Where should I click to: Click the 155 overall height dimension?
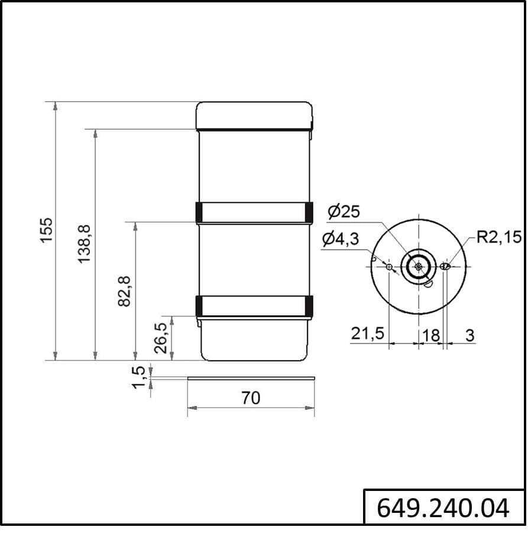(46, 230)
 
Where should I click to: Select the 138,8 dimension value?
(84, 244)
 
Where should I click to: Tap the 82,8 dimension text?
(124, 291)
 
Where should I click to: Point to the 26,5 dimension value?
(161, 338)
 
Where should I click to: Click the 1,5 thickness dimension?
(139, 377)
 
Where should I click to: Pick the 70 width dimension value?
(251, 398)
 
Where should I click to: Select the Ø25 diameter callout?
(344, 211)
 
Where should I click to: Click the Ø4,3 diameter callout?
(341, 238)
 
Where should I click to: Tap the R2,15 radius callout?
(498, 237)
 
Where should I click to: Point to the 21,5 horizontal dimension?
(368, 334)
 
